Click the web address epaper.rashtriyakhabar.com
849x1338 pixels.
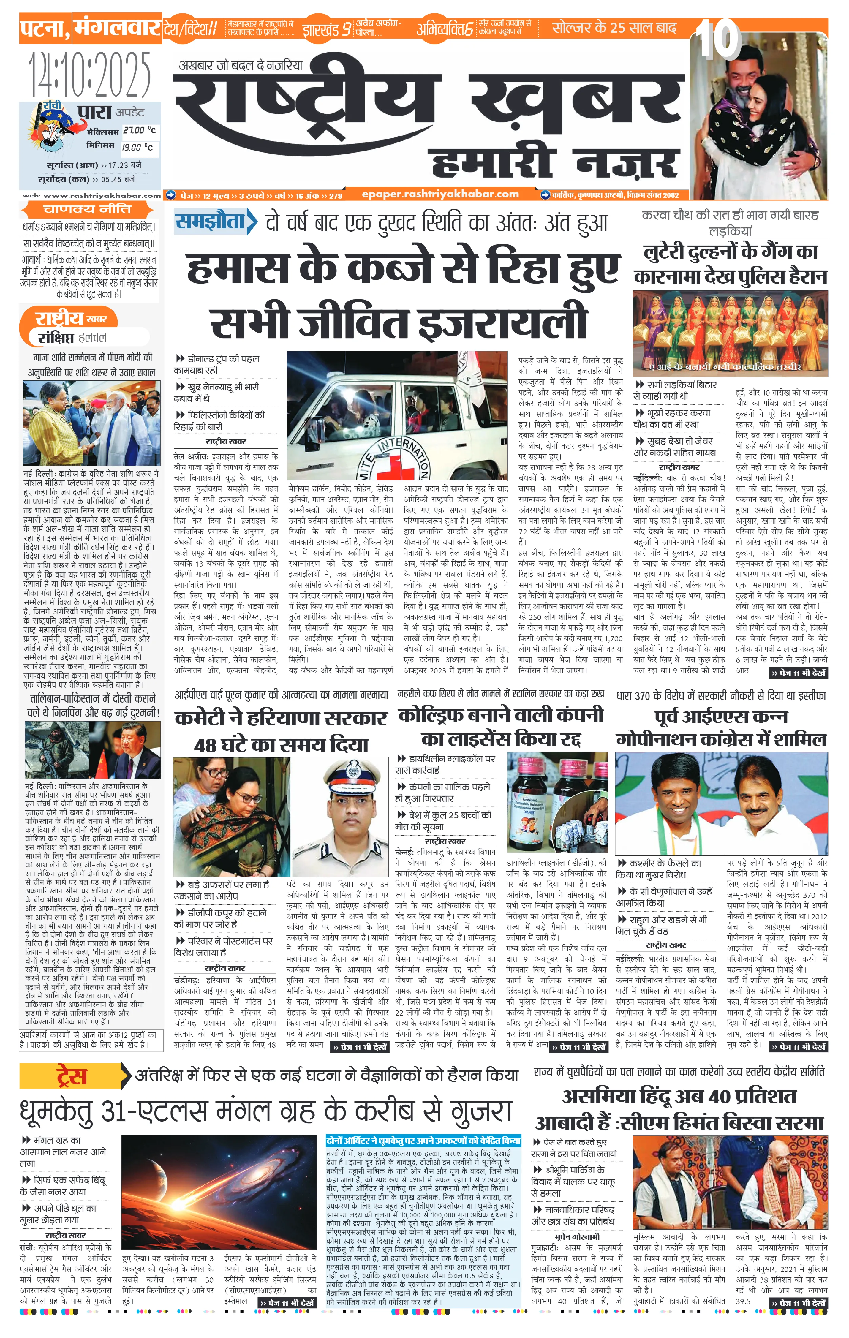pyautogui.click(x=440, y=194)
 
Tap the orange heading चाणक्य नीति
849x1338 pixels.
pyautogui.click(x=87, y=209)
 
